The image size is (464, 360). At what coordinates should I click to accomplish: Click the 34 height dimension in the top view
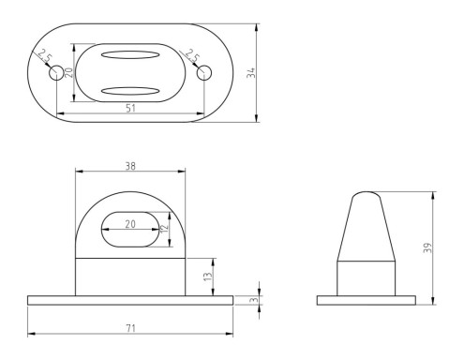point(251,73)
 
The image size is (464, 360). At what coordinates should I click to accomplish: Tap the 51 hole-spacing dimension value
point(130,108)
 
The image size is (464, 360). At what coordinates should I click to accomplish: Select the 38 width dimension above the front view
point(130,166)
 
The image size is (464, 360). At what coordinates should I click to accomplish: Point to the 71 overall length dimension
point(130,328)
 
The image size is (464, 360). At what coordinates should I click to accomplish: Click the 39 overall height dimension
point(428,247)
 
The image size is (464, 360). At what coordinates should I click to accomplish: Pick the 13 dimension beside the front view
point(208,277)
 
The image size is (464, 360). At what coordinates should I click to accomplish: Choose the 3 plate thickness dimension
point(255,300)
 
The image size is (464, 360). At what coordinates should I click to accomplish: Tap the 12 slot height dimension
point(164,229)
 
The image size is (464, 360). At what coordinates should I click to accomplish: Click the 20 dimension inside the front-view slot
point(130,224)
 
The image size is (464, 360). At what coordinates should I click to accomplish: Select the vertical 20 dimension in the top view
point(69,72)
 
